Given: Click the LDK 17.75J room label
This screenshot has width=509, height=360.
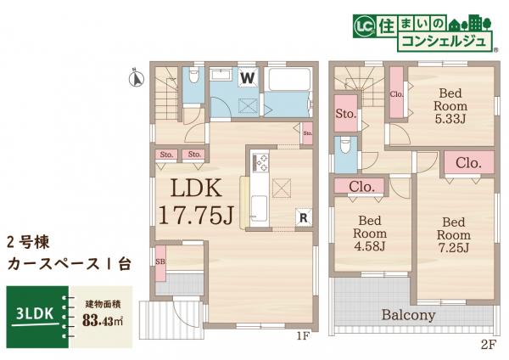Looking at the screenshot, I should pos(195,200).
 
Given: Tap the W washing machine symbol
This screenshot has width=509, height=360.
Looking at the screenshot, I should pos(247,78).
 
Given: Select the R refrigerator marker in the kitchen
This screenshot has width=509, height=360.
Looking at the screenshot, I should pos(302,217).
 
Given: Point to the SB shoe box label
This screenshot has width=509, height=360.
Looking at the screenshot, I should pos(159,262).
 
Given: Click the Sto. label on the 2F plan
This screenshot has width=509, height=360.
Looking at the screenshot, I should pos(344,113).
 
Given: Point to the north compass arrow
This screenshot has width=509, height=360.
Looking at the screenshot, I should pos(131,79).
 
